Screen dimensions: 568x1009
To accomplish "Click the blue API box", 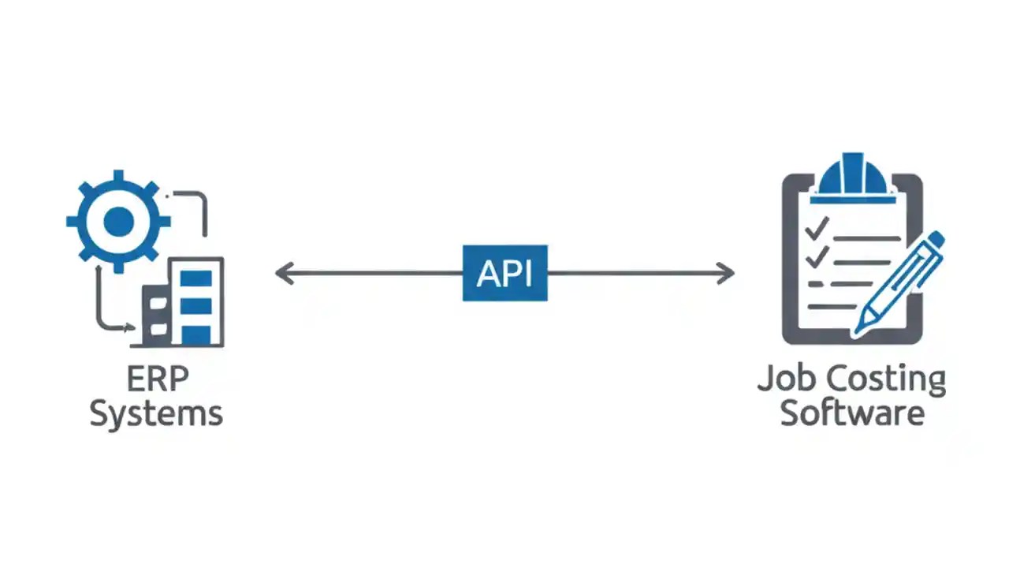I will click(504, 273).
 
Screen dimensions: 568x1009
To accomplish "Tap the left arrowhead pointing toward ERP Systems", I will click(283, 274).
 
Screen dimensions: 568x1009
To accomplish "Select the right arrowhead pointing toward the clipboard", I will click(726, 274).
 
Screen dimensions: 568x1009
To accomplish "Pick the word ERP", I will click(157, 380).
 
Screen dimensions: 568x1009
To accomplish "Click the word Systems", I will click(156, 413).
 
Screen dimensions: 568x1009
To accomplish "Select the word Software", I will click(851, 413).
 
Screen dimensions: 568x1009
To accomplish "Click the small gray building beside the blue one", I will click(156, 316).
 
